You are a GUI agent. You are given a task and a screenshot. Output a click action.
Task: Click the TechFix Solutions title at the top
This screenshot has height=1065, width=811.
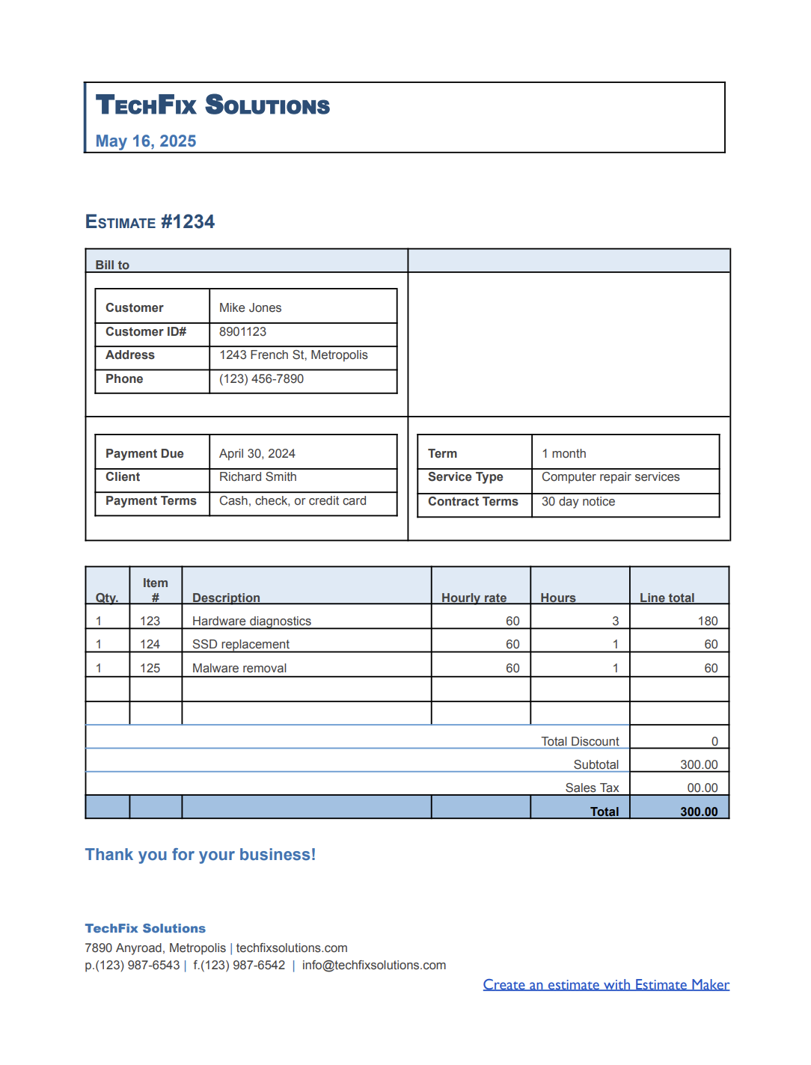(212, 105)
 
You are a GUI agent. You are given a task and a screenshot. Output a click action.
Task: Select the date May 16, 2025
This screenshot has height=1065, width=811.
(146, 141)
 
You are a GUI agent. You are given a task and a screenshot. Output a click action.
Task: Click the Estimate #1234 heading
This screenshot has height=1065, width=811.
(150, 222)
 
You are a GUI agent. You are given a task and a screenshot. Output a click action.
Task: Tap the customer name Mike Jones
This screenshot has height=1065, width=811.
(250, 308)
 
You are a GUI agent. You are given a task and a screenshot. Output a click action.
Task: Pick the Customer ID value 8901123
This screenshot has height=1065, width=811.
(242, 332)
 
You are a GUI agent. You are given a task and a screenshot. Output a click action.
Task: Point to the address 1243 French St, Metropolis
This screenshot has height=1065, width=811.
(293, 355)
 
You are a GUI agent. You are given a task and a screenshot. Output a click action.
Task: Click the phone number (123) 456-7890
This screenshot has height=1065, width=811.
(261, 379)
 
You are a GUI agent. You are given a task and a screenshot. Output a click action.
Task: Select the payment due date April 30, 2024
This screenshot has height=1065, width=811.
(257, 454)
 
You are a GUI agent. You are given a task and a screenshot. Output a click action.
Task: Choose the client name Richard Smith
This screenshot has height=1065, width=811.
(257, 477)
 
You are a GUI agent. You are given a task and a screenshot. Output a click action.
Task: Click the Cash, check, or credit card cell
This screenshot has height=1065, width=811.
(293, 501)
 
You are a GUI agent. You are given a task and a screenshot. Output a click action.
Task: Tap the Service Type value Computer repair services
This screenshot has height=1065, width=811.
(610, 477)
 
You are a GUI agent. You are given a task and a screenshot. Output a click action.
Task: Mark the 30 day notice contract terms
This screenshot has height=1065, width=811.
(578, 502)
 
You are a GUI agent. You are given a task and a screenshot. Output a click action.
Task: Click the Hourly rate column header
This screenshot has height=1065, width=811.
(474, 598)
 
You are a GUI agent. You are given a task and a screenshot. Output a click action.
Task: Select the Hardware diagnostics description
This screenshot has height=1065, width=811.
(251, 621)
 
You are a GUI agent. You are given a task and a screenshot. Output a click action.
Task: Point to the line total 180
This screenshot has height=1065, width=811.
(707, 621)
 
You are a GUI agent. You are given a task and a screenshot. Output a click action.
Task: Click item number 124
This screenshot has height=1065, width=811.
(150, 644)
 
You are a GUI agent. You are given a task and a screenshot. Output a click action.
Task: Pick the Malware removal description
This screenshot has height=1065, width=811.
(239, 668)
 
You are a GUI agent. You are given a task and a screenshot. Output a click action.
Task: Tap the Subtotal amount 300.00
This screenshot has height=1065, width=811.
(698, 764)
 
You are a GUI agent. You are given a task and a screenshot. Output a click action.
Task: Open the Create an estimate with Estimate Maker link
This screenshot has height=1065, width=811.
(606, 985)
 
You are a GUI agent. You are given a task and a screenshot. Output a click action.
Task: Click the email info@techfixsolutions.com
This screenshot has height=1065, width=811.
(373, 966)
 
